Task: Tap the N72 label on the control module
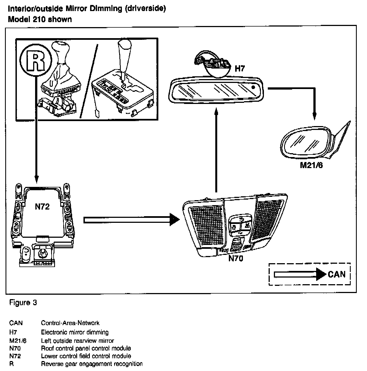(x=42, y=207)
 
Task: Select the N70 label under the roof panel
(x=236, y=259)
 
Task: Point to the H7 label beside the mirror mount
(x=240, y=68)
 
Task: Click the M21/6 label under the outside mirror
(x=311, y=165)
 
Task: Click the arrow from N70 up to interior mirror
(x=216, y=149)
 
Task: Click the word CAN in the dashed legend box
(x=337, y=274)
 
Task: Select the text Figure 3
(x=23, y=302)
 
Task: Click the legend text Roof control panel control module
(x=86, y=348)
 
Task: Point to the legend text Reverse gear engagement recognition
(x=92, y=364)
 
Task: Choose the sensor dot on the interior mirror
(x=253, y=87)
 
